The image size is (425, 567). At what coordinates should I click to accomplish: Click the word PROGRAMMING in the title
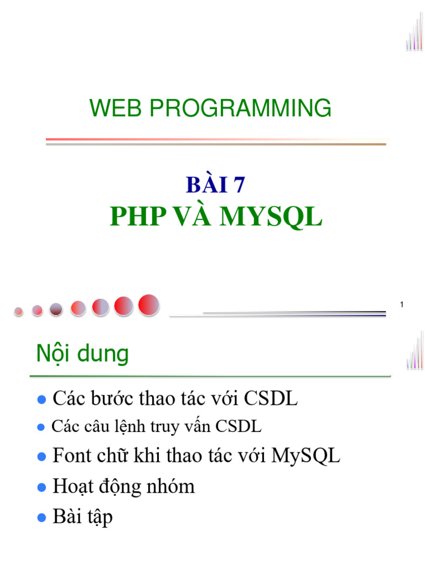click(240, 108)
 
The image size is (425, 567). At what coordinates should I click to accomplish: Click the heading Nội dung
click(82, 354)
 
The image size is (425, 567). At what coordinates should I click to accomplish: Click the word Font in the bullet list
click(71, 456)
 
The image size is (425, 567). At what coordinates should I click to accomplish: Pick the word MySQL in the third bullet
click(305, 457)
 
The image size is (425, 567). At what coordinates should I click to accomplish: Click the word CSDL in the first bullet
click(271, 398)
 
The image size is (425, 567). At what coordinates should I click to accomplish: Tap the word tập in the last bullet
click(100, 518)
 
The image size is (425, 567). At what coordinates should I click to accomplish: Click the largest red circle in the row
click(149, 305)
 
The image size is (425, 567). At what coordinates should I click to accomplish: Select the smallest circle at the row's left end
click(19, 311)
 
